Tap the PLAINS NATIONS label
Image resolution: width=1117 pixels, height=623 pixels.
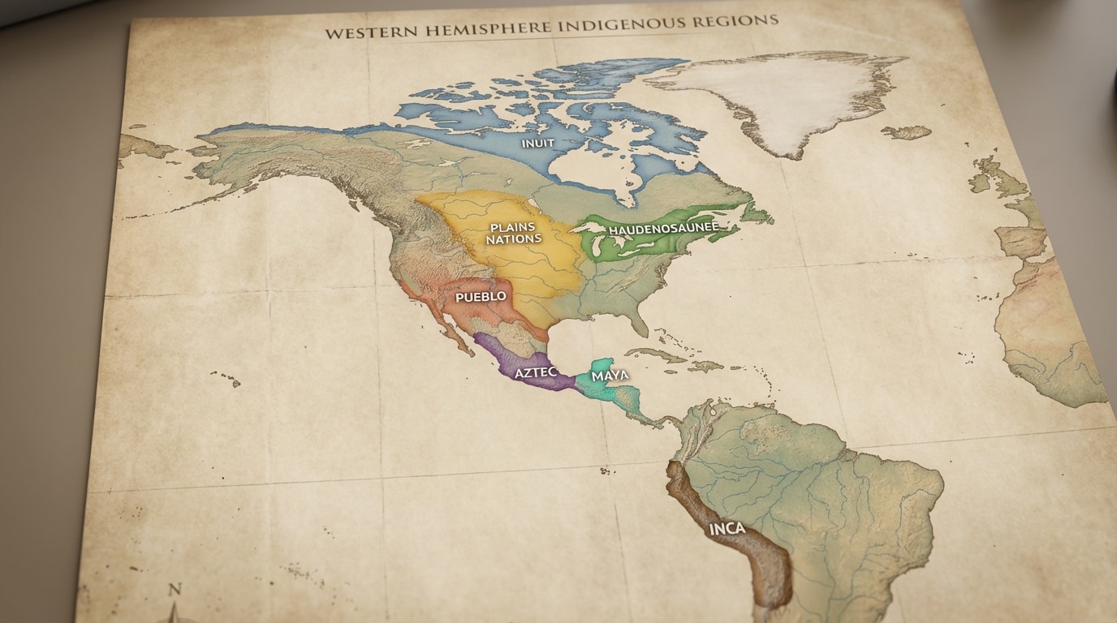(x=513, y=234)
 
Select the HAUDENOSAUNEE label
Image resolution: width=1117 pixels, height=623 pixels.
(x=663, y=229)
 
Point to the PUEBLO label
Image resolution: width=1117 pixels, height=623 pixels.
(x=481, y=297)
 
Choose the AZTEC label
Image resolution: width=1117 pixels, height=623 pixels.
(x=537, y=372)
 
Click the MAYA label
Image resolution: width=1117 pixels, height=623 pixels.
(x=610, y=376)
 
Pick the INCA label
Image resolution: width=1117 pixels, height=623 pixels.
(x=727, y=529)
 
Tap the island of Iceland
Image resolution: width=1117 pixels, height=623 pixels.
(x=906, y=131)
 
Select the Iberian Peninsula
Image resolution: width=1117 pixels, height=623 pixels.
(x=1020, y=242)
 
